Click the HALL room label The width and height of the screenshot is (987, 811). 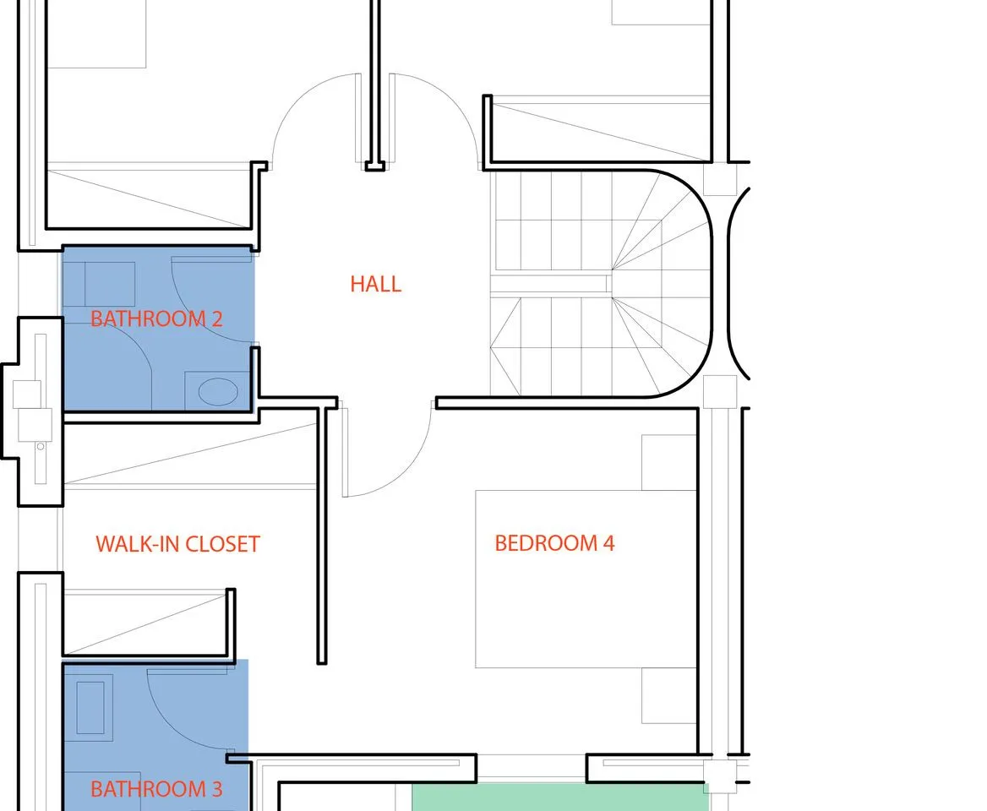pyautogui.click(x=376, y=284)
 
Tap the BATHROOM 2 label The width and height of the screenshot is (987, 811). pyautogui.click(x=156, y=319)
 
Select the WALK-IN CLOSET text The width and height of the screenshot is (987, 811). pyautogui.click(x=177, y=544)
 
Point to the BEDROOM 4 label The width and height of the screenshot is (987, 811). pyautogui.click(x=554, y=543)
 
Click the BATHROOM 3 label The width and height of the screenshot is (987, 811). pyautogui.click(x=156, y=789)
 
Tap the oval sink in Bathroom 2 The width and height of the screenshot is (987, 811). pyautogui.click(x=218, y=392)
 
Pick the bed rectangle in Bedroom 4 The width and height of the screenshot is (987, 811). pyautogui.click(x=586, y=579)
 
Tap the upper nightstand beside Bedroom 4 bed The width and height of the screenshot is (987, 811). pyautogui.click(x=668, y=462)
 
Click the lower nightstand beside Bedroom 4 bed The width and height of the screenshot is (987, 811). pyautogui.click(x=668, y=695)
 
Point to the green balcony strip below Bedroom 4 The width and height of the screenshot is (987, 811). pyautogui.click(x=560, y=797)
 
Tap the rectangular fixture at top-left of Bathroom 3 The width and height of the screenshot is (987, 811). pyautogui.click(x=90, y=708)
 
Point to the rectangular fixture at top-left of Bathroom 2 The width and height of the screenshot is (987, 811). pyautogui.click(x=110, y=285)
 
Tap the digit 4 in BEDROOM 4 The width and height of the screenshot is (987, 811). pyautogui.click(x=608, y=543)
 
